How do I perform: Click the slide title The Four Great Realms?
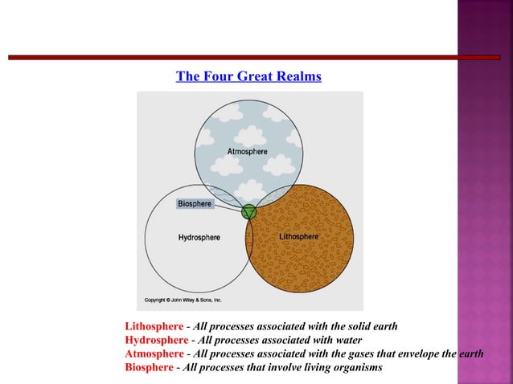tap(248, 76)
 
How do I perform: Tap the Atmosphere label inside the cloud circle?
tap(248, 151)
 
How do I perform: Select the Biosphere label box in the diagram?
tap(195, 204)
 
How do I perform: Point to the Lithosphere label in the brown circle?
tap(298, 237)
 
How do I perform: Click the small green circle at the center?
tap(249, 212)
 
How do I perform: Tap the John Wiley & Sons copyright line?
tap(183, 300)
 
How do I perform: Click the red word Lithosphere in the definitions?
tap(154, 327)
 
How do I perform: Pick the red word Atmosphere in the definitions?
tap(154, 354)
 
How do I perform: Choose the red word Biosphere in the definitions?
tap(149, 368)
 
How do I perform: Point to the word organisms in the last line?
tap(355, 368)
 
